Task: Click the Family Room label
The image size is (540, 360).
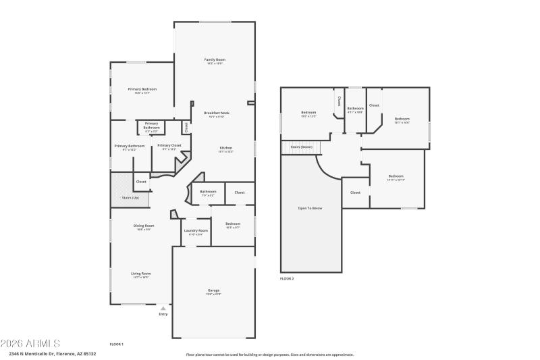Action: [214, 59]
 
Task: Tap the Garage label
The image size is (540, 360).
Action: [213, 291]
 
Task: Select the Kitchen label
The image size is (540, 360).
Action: [225, 148]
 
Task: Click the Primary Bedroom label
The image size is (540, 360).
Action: [142, 89]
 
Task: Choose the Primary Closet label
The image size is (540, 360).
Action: [169, 145]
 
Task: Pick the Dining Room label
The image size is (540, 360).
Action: [144, 226]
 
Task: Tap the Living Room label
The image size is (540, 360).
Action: [140, 274]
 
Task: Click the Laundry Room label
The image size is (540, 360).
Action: [196, 230]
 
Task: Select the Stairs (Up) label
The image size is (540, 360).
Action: [130, 197]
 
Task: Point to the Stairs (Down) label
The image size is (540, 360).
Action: [301, 146]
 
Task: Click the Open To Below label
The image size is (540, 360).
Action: [310, 208]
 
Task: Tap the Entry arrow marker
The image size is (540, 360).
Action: [163, 308]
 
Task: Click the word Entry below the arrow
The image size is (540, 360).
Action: [163, 314]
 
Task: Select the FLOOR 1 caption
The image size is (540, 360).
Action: [117, 344]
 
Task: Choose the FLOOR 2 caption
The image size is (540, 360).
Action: [287, 278]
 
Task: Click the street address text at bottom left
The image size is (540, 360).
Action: [52, 353]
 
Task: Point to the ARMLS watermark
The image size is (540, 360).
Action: [30, 343]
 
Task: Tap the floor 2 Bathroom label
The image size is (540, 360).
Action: [355, 109]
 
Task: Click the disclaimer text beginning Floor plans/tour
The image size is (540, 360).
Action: [269, 354]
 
